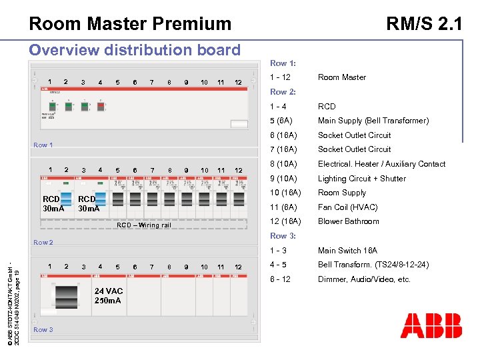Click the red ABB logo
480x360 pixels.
point(431,325)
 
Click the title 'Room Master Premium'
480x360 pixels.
point(130,24)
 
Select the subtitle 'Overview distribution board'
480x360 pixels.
point(135,50)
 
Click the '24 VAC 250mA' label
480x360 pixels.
point(108,295)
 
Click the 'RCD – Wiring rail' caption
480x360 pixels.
point(144,225)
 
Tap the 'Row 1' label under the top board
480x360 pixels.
point(43,145)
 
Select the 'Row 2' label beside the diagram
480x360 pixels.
point(43,242)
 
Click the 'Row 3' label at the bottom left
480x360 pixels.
point(43,329)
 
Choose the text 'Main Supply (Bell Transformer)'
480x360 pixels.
point(373,121)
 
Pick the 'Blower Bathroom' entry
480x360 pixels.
point(348,221)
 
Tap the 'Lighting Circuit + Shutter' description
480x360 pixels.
point(361,179)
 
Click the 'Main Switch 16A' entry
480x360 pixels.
point(347,251)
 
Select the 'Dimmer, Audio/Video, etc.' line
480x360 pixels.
point(364,279)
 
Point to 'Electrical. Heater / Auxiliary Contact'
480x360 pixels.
point(381,164)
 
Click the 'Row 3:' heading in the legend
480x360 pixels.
point(283,236)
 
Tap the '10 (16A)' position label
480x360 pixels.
point(285,193)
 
